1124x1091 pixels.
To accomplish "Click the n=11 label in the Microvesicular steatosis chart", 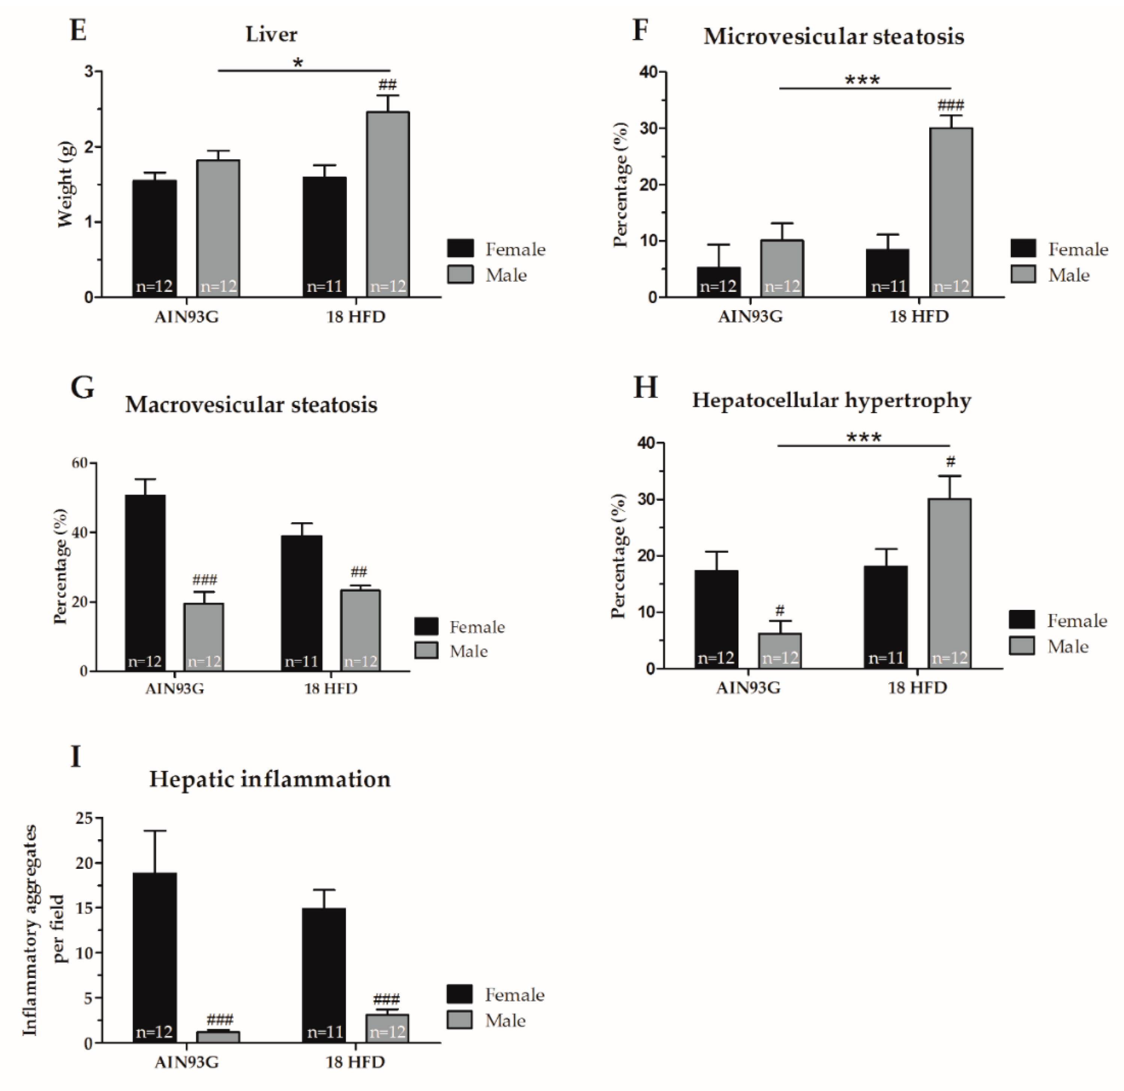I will pyautogui.click(x=888, y=286).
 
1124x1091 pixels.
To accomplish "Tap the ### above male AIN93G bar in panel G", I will pyautogui.click(x=205, y=580).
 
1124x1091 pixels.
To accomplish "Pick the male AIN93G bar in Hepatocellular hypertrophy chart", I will pyautogui.click(x=780, y=651).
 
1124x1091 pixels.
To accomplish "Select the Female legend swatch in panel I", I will pyautogui.click(x=459, y=994).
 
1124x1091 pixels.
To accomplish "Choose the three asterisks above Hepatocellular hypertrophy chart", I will pyautogui.click(x=864, y=438).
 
